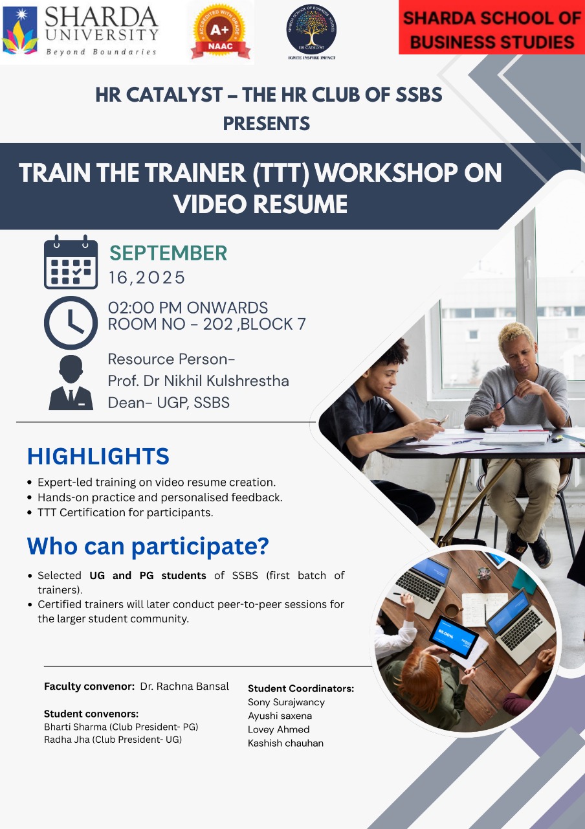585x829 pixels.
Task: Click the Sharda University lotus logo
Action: click(x=20, y=30)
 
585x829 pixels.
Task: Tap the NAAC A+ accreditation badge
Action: click(x=220, y=33)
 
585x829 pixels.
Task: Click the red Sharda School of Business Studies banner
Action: click(x=492, y=27)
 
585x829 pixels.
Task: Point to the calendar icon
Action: click(x=71, y=262)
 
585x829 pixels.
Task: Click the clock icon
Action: click(x=71, y=323)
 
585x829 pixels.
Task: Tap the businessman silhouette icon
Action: click(x=71, y=382)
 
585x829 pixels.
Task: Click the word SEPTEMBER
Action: click(x=168, y=253)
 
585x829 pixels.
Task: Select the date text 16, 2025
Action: click(x=146, y=278)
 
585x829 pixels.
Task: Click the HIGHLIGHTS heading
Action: click(x=98, y=457)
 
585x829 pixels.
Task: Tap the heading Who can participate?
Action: click(x=148, y=546)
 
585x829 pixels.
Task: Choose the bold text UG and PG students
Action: click(x=148, y=576)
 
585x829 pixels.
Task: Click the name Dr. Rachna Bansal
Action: click(x=184, y=686)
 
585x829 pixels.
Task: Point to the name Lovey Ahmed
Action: click(x=278, y=729)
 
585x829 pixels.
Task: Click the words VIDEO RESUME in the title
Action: click(x=261, y=204)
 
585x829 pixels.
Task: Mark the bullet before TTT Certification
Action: click(x=30, y=512)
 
